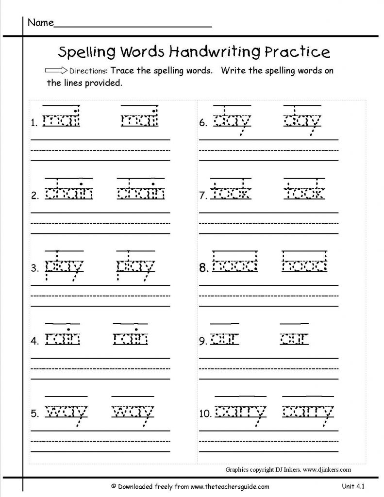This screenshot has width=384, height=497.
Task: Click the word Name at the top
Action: (40, 23)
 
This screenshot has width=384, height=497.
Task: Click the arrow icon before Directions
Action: (56, 71)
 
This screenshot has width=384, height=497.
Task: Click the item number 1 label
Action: (35, 124)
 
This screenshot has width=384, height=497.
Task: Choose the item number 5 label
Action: (35, 414)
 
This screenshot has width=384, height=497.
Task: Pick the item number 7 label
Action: (203, 196)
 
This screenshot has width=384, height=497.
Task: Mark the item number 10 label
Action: (205, 414)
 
